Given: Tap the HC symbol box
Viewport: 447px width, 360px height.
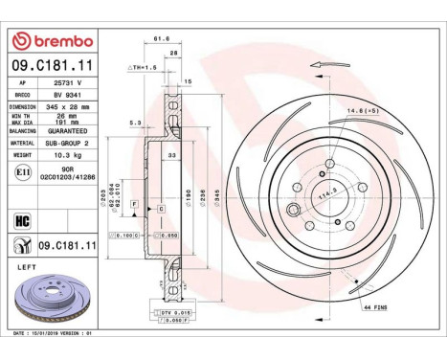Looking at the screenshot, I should [x=22, y=219].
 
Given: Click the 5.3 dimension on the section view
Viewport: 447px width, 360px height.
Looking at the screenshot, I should [x=135, y=123].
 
